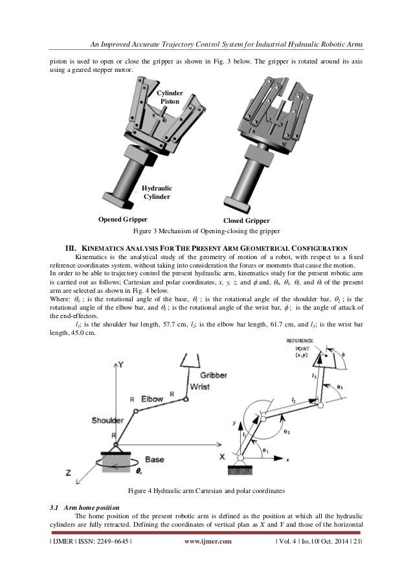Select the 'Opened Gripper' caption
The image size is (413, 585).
coord(123,219)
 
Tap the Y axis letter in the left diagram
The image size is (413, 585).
coord(120,365)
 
